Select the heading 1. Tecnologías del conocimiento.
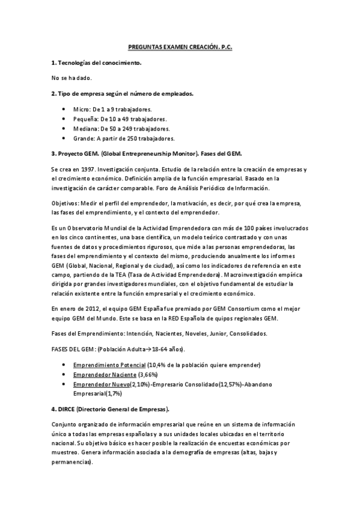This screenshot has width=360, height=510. [x=97, y=62]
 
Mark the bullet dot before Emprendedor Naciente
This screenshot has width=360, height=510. [x=64, y=375]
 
